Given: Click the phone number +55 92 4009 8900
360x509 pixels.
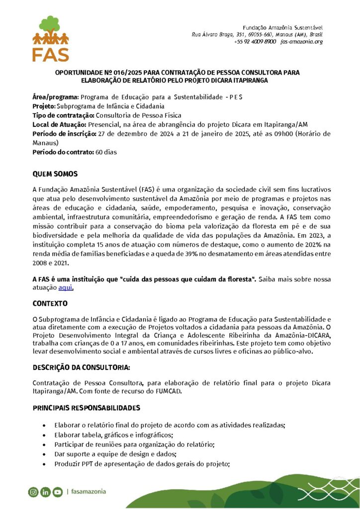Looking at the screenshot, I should pyautogui.click(x=255, y=42).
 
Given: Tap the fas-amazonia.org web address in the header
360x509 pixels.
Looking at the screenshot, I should pyautogui.click(x=301, y=42).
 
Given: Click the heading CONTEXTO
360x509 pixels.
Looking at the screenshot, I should pyautogui.click(x=50, y=303).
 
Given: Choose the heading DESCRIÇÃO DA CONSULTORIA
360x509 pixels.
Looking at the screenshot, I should pyautogui.click(x=81, y=367).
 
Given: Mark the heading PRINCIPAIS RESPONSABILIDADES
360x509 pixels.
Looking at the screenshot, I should pyautogui.click(x=86, y=408).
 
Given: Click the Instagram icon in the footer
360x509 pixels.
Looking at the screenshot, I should pyautogui.click(x=33, y=492).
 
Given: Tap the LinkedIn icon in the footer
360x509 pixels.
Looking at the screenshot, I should pyautogui.click(x=45, y=492).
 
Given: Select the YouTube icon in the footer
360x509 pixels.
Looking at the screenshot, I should pyautogui.click(x=57, y=492).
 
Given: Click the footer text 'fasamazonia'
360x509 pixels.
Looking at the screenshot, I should pyautogui.click(x=89, y=492).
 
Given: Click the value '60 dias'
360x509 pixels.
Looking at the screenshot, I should pyautogui.click(x=106, y=152).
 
